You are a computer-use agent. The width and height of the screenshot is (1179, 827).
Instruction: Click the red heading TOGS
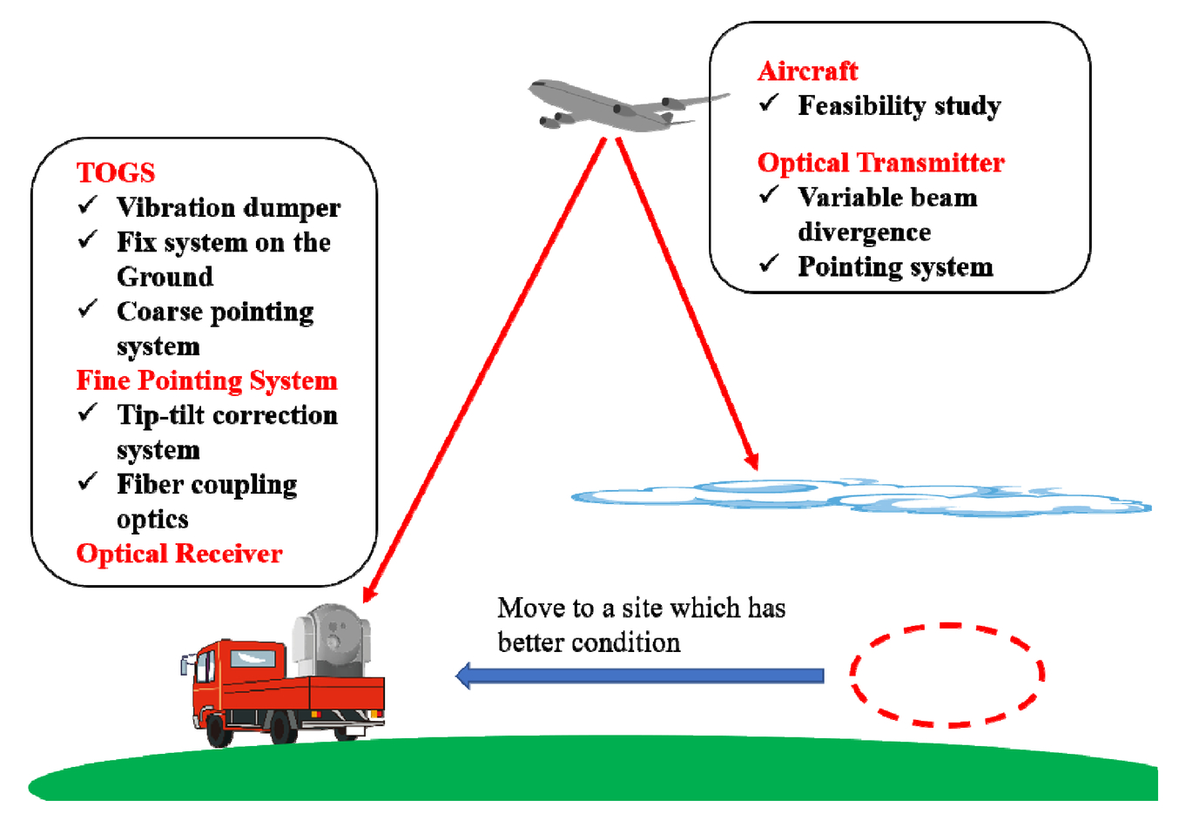[x=116, y=172]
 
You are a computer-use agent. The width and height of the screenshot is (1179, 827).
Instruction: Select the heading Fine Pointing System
[x=207, y=380]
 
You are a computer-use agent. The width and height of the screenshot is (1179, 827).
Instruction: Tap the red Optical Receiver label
[x=179, y=554]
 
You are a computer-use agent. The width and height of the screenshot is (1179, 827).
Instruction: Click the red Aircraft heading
[x=808, y=71]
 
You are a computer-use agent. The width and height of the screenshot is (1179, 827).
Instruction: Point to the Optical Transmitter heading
[x=881, y=162]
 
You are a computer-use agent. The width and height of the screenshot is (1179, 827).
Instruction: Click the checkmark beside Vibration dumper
[x=87, y=205]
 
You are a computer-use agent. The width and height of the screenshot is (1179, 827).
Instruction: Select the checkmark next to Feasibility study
[x=769, y=103]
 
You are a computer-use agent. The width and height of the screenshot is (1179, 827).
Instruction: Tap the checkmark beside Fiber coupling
[x=87, y=481]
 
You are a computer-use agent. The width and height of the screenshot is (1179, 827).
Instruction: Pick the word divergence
[x=865, y=232]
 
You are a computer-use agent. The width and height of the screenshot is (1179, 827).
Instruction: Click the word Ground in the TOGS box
[x=165, y=277]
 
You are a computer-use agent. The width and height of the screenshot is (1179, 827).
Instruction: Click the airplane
[x=626, y=105]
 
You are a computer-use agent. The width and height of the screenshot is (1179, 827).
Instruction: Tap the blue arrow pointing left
[x=639, y=676]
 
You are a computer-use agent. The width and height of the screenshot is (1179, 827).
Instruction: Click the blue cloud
[x=862, y=497]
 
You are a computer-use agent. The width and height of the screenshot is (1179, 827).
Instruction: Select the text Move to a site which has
[x=642, y=608]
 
